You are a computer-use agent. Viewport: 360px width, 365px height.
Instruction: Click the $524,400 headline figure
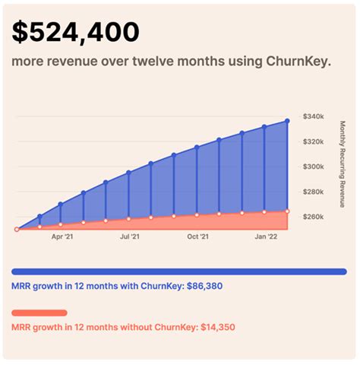coord(76,32)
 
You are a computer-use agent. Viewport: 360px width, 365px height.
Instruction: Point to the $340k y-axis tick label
coord(314,116)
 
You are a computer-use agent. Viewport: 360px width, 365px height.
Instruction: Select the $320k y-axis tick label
coord(314,141)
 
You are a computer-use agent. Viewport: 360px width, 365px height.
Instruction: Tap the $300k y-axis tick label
coord(314,167)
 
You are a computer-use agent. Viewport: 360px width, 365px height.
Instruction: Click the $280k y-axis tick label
coord(314,192)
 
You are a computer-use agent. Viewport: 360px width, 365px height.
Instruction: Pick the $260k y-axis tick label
coord(314,217)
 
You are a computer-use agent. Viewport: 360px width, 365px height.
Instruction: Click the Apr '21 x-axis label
coord(62,237)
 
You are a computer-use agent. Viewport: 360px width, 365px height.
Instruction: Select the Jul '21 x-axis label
coord(130,237)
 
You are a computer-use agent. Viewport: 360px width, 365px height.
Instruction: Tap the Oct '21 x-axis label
coord(197,237)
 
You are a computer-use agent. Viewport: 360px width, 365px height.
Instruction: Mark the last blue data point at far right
coord(287,120)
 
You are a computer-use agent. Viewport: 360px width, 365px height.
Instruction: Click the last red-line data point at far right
coord(287,211)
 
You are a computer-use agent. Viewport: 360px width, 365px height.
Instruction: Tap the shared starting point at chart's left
coord(17,228)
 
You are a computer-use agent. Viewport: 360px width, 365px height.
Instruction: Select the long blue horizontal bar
coord(179,271)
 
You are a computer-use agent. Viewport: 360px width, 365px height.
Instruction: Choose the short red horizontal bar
coord(40,313)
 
